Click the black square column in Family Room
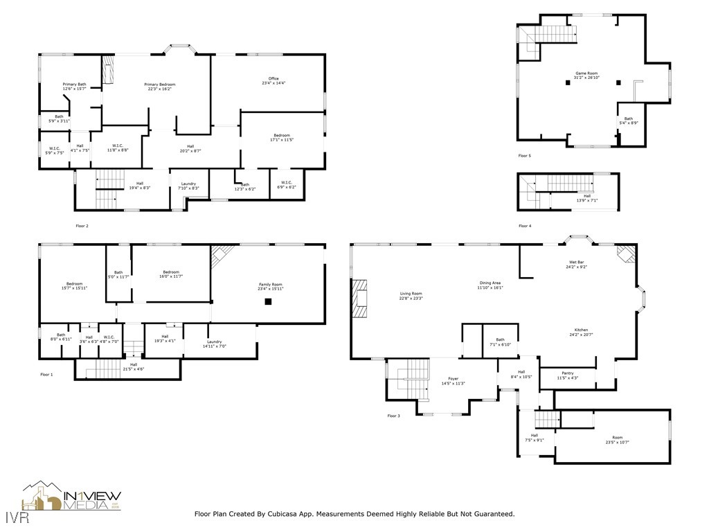268,301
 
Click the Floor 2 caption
82,226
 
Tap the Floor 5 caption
525,156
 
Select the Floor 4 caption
525,226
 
